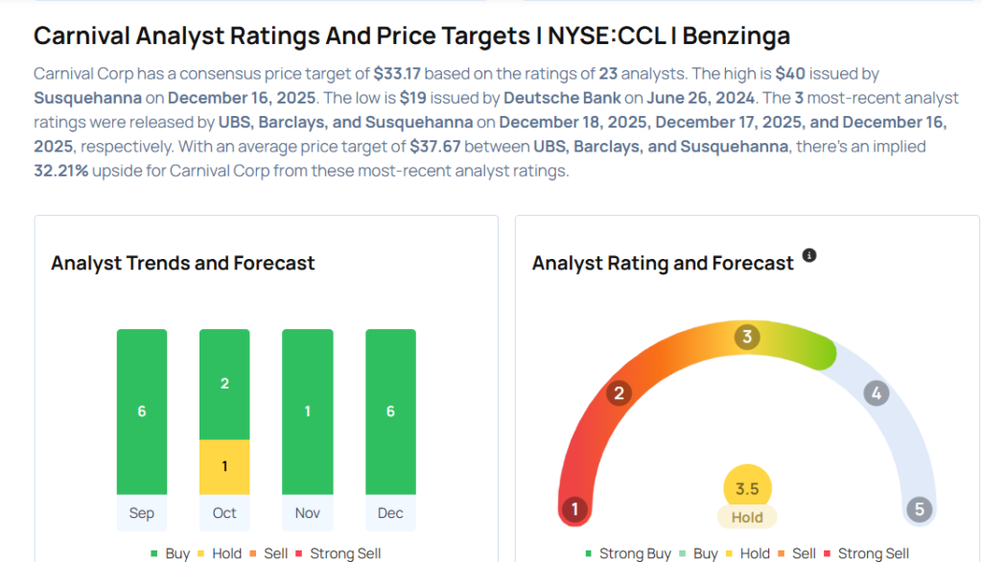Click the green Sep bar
pyautogui.click(x=142, y=411)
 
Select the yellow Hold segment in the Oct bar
pyautogui.click(x=224, y=466)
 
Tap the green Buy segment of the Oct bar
pyautogui.click(x=224, y=384)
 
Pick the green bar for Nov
pyautogui.click(x=308, y=411)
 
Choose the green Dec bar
pyautogui.click(x=390, y=411)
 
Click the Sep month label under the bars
pyautogui.click(x=142, y=513)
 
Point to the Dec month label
pyautogui.click(x=390, y=513)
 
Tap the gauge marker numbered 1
pyautogui.click(x=575, y=508)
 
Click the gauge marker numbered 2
pyautogui.click(x=620, y=392)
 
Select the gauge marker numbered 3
pyautogui.click(x=747, y=337)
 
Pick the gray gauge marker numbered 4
pyautogui.click(x=876, y=392)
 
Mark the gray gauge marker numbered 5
pyautogui.click(x=920, y=508)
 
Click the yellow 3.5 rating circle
pyautogui.click(x=747, y=489)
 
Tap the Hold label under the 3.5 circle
pyautogui.click(x=747, y=517)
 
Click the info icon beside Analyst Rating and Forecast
pyautogui.click(x=809, y=255)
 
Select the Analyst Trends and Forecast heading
pyautogui.click(x=183, y=263)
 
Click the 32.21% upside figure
pyautogui.click(x=60, y=171)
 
